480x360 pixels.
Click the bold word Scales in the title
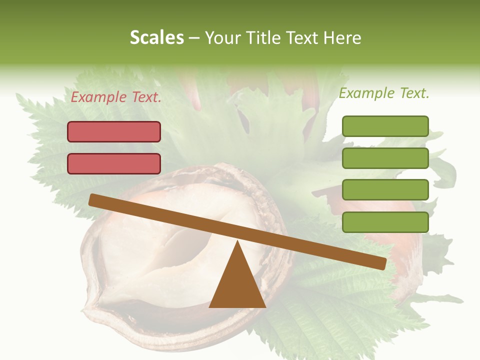(x=156, y=37)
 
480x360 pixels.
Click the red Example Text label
(x=116, y=97)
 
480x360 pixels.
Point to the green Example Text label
(x=384, y=93)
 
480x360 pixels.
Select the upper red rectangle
(x=114, y=131)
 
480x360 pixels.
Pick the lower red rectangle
(x=114, y=163)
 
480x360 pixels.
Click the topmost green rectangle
(x=385, y=126)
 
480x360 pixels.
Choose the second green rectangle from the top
(x=385, y=158)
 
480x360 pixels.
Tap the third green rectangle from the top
(x=385, y=190)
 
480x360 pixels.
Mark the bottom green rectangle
(x=385, y=222)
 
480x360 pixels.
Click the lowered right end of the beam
(x=382, y=263)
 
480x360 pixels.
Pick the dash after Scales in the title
(x=194, y=37)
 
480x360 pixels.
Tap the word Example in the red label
(x=98, y=97)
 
